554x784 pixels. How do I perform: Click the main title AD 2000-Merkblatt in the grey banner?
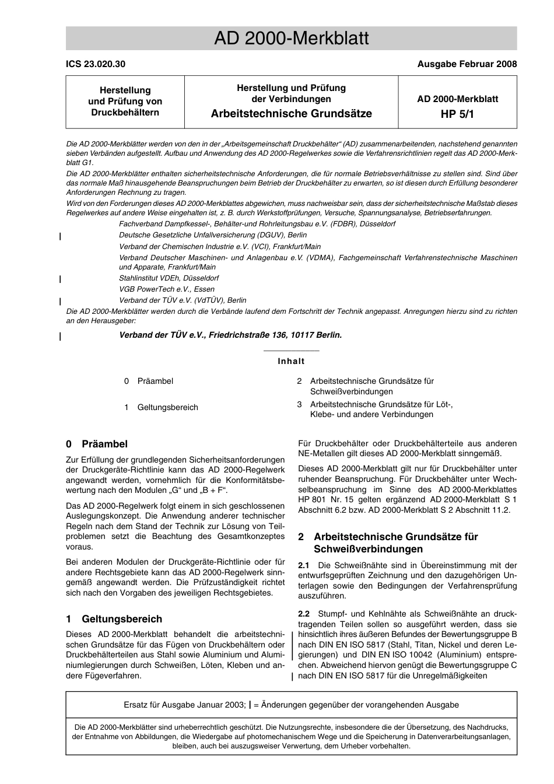(291, 38)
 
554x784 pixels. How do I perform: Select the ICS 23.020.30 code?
(96, 64)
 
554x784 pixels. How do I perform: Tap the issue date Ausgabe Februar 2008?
(467, 64)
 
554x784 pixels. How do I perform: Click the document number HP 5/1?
(457, 114)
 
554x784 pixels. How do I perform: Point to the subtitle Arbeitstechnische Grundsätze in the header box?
(291, 114)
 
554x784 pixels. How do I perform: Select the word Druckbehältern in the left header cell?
(125, 112)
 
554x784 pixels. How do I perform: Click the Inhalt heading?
(291, 361)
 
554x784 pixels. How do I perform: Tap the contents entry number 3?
(299, 404)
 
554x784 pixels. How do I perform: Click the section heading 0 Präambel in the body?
(97, 444)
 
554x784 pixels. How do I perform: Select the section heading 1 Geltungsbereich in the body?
(114, 619)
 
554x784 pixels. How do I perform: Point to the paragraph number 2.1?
(304, 565)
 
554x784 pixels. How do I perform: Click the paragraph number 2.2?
(304, 614)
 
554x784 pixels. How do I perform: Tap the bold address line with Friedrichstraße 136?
(230, 335)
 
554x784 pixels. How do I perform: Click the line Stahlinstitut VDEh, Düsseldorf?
(169, 278)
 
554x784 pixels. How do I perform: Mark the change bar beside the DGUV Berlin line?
(61, 236)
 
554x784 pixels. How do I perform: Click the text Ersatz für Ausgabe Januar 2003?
(184, 705)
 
